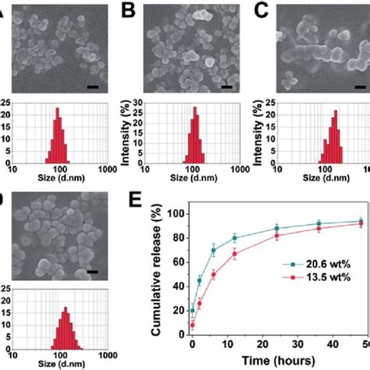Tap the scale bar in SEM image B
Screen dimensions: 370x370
226,87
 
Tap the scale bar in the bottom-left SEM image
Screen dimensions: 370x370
92,271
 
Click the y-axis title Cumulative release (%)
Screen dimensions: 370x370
155,276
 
